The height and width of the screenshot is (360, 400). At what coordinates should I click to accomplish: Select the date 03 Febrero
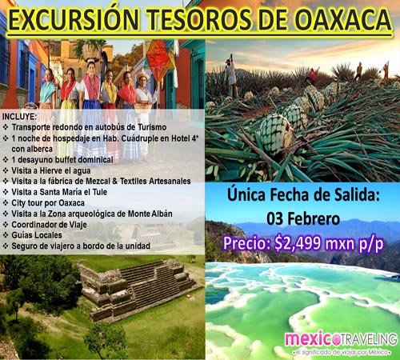(x=303, y=219)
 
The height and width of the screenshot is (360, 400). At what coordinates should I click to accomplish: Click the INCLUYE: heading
(x=19, y=117)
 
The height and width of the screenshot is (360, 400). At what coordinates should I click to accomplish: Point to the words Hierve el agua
(x=65, y=170)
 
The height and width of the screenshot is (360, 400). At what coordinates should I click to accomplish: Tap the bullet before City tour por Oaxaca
(x=6, y=203)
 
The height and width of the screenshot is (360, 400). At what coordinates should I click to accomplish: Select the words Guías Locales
(x=37, y=235)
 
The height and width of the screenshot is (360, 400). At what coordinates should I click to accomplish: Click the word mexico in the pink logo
(x=309, y=339)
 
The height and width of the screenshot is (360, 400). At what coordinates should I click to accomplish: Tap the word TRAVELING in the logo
(x=368, y=339)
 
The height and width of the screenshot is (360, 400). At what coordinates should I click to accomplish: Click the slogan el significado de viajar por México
(x=341, y=352)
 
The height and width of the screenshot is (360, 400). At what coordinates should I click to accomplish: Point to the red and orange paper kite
(x=160, y=60)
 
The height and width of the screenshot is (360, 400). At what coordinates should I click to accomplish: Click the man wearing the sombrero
(x=144, y=92)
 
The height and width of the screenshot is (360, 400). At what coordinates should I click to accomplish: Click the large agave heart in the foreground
(x=274, y=134)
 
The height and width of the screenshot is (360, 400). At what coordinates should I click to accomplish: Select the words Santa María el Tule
(x=74, y=192)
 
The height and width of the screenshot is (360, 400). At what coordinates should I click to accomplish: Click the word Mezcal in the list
(x=98, y=181)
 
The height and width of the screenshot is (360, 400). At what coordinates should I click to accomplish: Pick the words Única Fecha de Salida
(x=303, y=194)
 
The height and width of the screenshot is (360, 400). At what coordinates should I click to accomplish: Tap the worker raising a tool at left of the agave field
(x=230, y=74)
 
